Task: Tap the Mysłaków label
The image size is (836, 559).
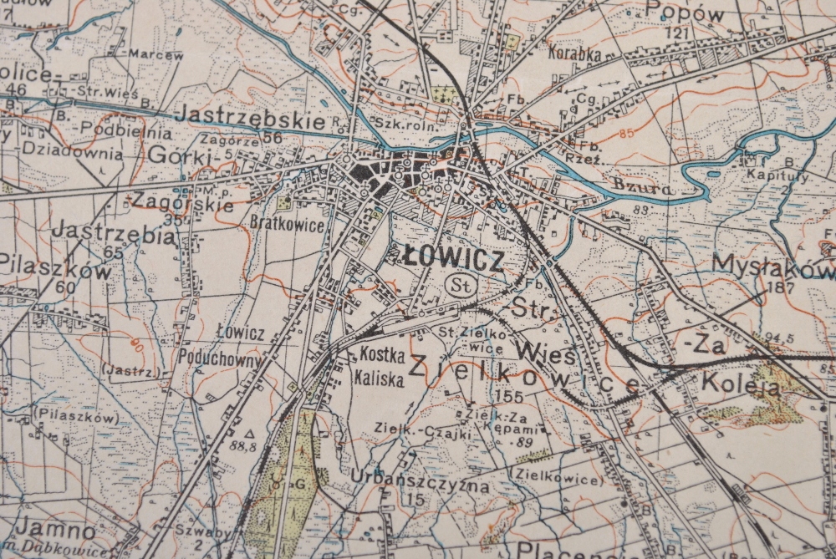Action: (772, 265)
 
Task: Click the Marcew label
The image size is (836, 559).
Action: (155, 55)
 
